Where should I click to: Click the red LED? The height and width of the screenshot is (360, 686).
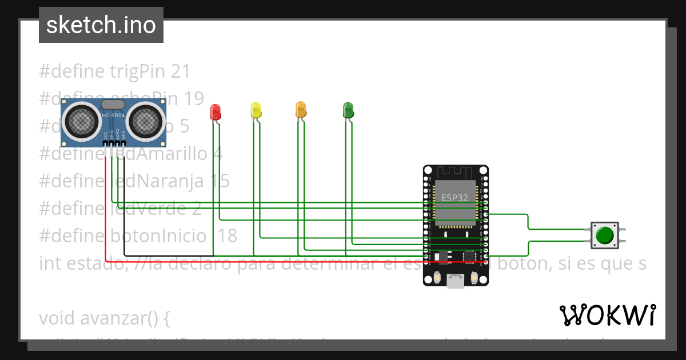216,112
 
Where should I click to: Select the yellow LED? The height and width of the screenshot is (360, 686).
256,110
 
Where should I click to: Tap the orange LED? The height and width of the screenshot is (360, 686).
301,110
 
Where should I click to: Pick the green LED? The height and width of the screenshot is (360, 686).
348,110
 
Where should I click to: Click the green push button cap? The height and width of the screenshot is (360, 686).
605,235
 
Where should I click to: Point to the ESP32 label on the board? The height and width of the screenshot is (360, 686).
455,198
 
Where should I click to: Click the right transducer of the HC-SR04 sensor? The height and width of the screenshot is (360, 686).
145,121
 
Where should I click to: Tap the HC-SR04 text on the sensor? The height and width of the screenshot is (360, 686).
113,116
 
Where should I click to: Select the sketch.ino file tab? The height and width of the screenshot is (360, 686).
101,25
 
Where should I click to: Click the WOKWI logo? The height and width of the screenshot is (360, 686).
607,315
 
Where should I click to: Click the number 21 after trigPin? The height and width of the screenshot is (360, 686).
180,71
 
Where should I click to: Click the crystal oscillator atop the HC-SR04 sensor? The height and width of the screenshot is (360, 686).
113,104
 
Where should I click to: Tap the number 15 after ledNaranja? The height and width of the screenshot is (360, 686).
217,181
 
